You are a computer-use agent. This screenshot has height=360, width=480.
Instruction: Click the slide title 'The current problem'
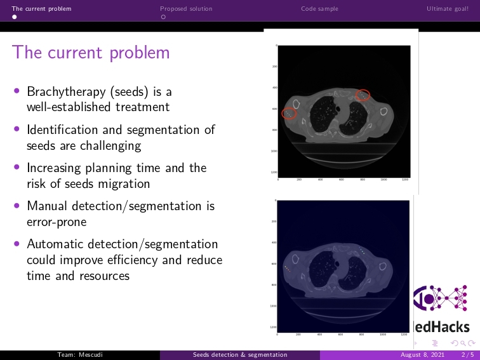coord(91,52)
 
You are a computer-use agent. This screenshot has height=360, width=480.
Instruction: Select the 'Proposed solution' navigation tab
coord(186,9)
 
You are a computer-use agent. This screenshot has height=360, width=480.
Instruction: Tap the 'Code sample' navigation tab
coord(319,9)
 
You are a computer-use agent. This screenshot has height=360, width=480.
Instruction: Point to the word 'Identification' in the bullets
coord(58,130)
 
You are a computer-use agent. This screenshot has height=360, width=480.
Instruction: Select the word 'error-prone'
coord(57,222)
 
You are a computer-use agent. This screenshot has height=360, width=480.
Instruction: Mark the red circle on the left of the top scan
coord(290,114)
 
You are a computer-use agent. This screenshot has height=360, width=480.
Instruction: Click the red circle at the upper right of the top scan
coord(363,95)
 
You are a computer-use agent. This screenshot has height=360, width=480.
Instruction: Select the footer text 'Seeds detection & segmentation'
coord(240,355)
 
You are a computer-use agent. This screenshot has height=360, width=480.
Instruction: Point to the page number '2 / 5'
coord(467,355)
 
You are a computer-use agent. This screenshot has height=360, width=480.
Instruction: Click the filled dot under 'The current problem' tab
coord(15,17)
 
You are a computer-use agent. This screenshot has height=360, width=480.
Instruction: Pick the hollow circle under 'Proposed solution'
coord(163,17)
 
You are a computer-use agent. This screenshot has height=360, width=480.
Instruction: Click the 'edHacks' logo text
coord(444,327)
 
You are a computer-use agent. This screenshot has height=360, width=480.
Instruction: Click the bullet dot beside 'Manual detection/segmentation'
coord(17,206)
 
